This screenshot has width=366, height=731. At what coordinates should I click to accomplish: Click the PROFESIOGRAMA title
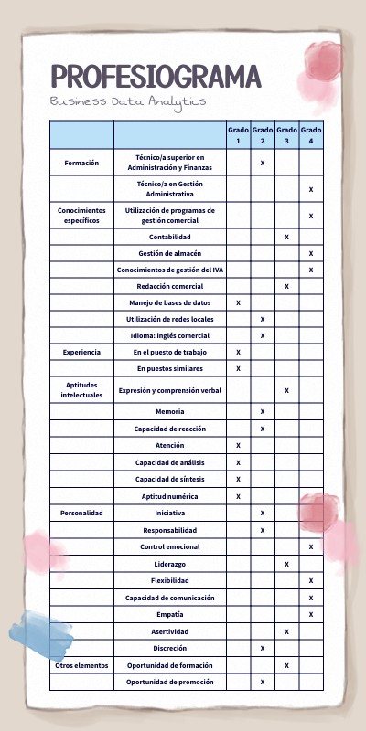tap(156, 76)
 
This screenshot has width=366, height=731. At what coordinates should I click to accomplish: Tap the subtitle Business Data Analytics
tap(128, 101)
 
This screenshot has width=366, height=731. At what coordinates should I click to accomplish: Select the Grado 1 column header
tap(238, 135)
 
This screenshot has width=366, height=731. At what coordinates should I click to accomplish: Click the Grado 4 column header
tap(311, 135)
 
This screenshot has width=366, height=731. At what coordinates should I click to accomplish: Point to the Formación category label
tap(81, 163)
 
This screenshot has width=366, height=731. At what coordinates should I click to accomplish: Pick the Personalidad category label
tap(81, 513)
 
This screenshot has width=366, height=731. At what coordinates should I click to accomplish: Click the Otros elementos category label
tap(81, 664)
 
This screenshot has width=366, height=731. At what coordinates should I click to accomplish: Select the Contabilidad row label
tap(170, 237)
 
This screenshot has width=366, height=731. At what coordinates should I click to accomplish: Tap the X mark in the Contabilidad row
tap(286, 237)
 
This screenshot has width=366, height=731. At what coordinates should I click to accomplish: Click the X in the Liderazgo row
tap(286, 564)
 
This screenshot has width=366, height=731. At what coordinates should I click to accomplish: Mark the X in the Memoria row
tap(263, 412)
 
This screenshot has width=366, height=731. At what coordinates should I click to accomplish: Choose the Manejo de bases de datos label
tap(170, 302)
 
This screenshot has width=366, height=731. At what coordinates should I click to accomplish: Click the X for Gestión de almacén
tap(311, 253)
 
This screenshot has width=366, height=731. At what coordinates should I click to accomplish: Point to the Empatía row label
tap(170, 614)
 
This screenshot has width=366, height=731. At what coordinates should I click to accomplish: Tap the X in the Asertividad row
tap(286, 631)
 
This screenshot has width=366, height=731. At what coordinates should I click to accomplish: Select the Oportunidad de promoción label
tap(170, 682)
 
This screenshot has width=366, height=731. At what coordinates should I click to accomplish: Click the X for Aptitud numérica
tap(238, 496)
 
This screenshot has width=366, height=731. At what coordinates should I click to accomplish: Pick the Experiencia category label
tap(81, 352)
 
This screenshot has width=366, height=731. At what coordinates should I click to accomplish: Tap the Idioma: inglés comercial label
tap(170, 335)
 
